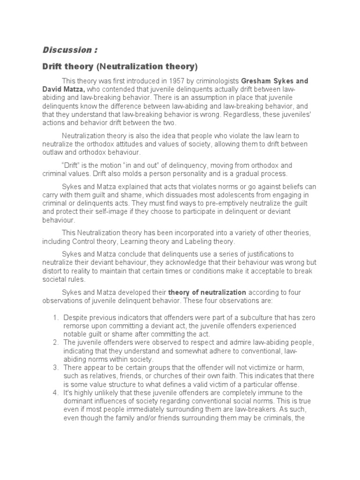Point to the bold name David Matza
click(x=64, y=89)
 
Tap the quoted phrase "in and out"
click(x=145, y=165)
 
